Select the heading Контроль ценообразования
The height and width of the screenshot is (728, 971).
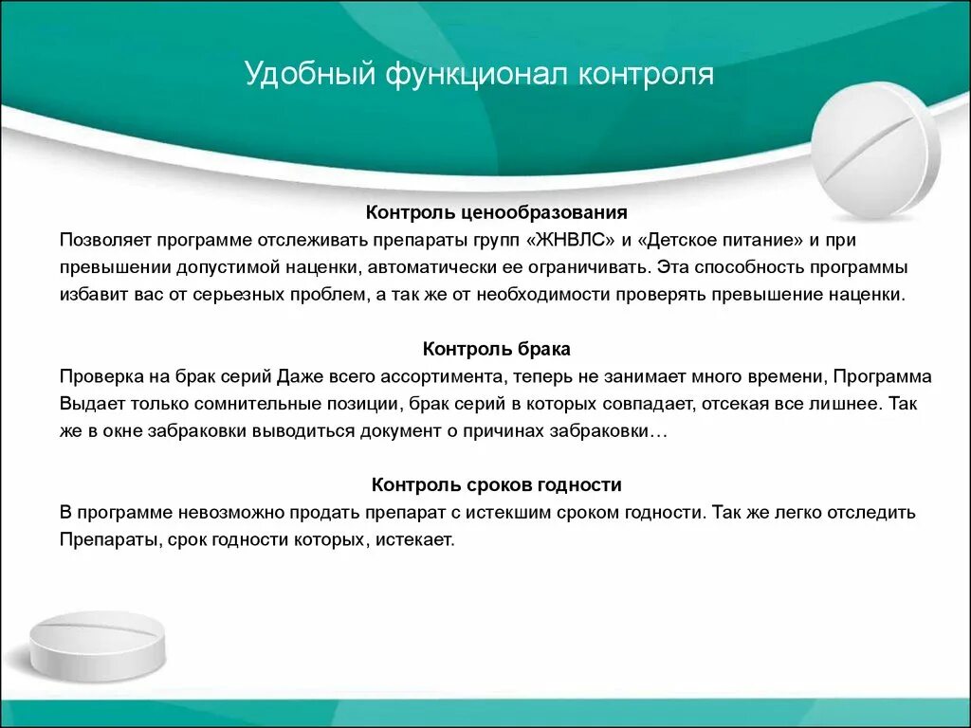pyautogui.click(x=497, y=213)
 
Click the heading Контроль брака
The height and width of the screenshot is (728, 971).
pyautogui.click(x=497, y=350)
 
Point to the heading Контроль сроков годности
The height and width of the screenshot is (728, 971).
pyautogui.click(x=497, y=485)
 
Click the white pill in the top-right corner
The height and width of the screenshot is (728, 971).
pyautogui.click(x=875, y=152)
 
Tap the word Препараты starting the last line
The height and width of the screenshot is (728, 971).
pyautogui.click(x=101, y=540)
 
